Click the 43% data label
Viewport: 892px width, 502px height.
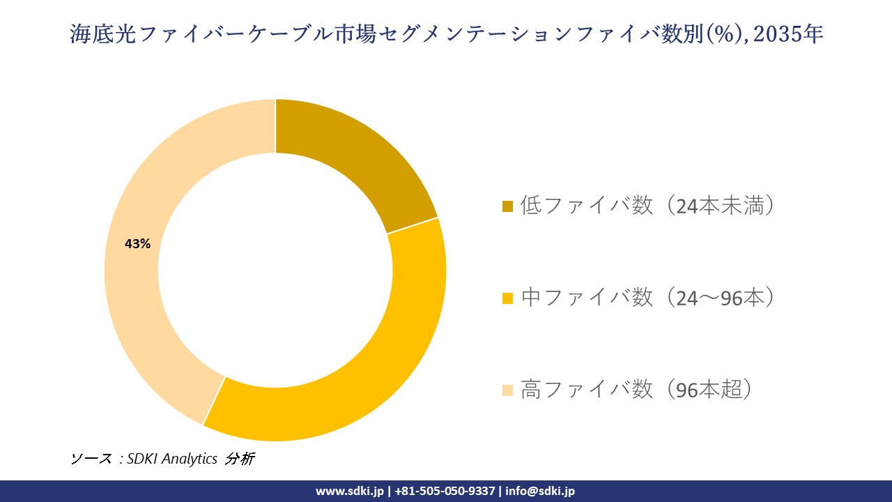click(137, 244)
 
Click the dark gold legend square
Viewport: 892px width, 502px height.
click(507, 206)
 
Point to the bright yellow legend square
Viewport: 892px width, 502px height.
click(507, 298)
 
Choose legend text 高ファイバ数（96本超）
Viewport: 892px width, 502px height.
click(637, 390)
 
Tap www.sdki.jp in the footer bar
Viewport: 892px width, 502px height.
click(350, 491)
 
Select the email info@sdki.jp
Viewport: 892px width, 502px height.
click(540, 491)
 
